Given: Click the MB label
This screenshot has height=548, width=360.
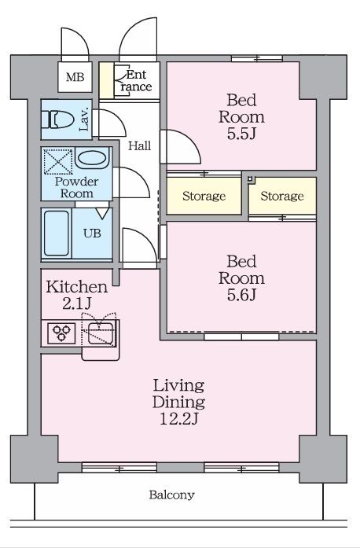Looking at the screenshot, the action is [x=75, y=77].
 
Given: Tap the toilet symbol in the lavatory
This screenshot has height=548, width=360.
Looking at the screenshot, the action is [x=57, y=120].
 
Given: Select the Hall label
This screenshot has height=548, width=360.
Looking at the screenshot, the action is [x=139, y=145].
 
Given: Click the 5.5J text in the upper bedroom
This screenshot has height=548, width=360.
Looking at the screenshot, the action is [x=242, y=134].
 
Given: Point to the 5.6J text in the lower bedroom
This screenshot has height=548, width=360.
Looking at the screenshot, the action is [x=242, y=295].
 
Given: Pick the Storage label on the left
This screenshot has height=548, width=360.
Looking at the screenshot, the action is [x=204, y=196].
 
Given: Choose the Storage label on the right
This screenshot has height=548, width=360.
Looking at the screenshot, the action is [x=281, y=196].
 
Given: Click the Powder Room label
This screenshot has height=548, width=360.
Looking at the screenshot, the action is [x=77, y=187].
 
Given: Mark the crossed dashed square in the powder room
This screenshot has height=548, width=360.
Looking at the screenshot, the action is [x=58, y=161].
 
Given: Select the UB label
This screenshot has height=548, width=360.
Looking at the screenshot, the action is [x=92, y=233].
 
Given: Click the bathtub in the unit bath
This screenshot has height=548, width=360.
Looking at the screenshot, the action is [x=57, y=233].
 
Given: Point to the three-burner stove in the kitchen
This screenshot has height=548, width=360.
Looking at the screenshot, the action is [x=61, y=333].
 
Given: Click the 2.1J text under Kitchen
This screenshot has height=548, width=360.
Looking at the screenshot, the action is [x=77, y=303].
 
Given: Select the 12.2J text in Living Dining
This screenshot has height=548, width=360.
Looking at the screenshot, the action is [x=179, y=419].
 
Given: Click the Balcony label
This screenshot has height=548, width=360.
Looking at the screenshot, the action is [x=171, y=495].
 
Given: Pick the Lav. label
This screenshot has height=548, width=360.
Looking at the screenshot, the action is [x=84, y=120].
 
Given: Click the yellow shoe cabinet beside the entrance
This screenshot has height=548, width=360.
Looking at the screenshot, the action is [x=106, y=80].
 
